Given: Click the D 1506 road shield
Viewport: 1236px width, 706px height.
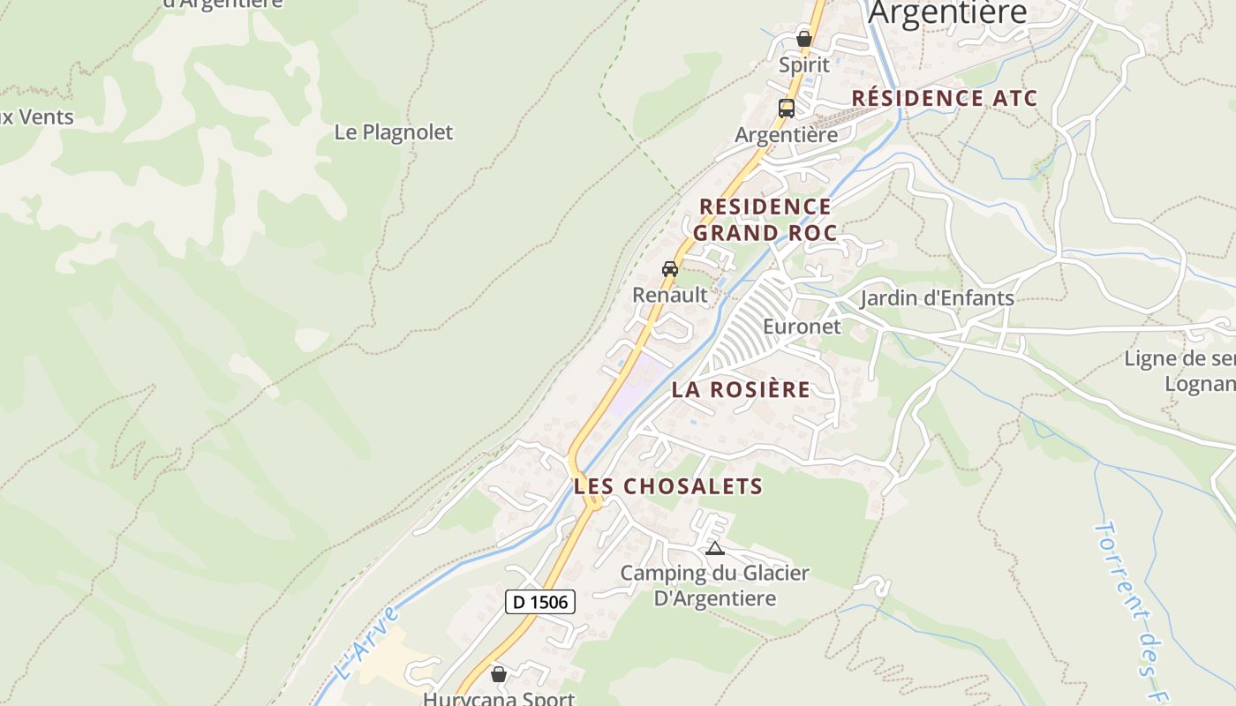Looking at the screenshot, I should click(540, 602).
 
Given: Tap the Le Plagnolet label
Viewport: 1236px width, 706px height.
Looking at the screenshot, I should click(394, 132).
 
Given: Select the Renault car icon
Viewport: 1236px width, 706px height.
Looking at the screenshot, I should click(670, 269).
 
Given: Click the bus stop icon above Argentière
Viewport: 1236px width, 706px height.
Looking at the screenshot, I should click(786, 109).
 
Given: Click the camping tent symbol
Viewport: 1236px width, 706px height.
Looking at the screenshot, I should click(714, 549).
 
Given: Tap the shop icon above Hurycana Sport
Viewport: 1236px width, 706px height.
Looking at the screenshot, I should click(499, 674).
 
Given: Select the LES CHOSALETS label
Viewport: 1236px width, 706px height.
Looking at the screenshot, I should click(668, 486).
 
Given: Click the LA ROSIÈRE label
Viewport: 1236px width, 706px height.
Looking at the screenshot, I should click(741, 389).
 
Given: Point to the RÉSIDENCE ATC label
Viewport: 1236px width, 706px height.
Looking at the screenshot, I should click(944, 98).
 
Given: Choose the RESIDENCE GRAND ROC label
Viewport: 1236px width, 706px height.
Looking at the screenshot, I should click(765, 220).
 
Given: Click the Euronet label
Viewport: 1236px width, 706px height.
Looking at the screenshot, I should click(803, 327).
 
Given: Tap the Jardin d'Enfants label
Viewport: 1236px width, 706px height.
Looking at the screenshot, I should click(938, 297).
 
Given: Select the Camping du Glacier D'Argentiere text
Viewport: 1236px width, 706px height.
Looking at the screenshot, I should click(714, 586).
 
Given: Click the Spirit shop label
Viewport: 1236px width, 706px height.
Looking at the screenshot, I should click(804, 64).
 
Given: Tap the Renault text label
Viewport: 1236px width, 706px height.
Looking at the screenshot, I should click(670, 295).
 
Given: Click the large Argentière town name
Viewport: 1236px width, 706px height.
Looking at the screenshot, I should click(948, 12).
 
